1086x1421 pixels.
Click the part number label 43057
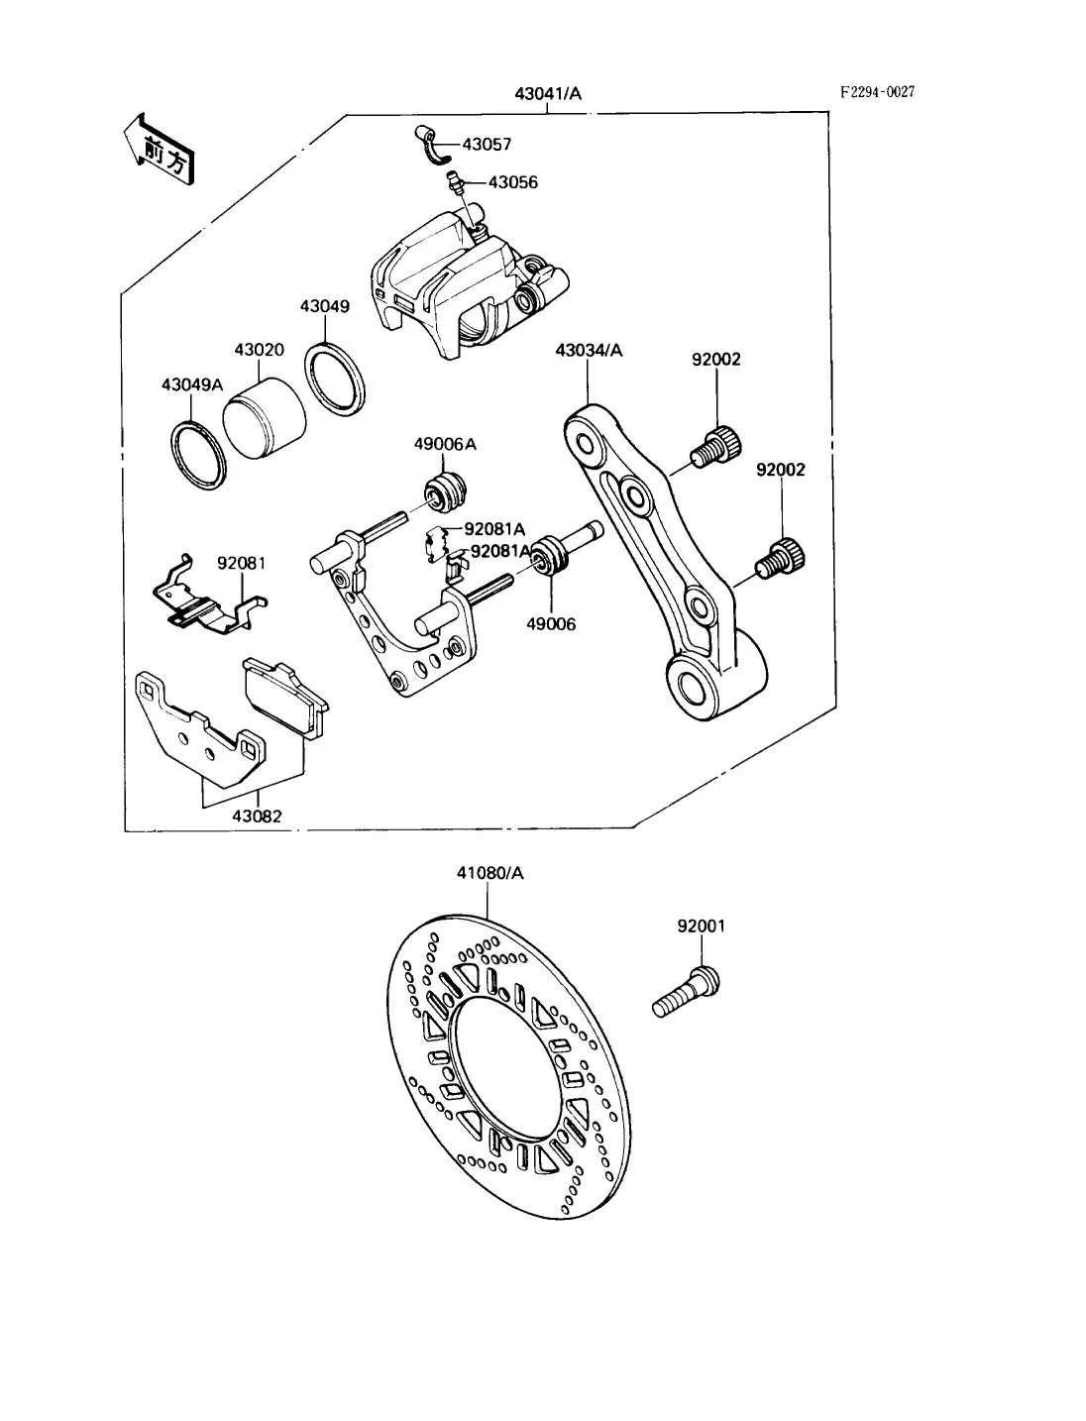pyautogui.click(x=487, y=145)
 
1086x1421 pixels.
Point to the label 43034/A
pyautogui.click(x=589, y=350)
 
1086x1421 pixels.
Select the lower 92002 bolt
pyautogui.click(x=781, y=558)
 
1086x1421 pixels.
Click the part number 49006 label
pyautogui.click(x=551, y=624)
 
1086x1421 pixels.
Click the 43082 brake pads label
pyautogui.click(x=257, y=817)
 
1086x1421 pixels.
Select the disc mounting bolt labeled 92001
pyautogui.click(x=686, y=1000)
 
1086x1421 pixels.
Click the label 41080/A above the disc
pyautogui.click(x=489, y=873)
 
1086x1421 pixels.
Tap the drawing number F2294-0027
pyautogui.click(x=878, y=92)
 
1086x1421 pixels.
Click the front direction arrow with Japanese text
pyautogui.click(x=160, y=149)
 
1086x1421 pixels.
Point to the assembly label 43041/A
pyautogui.click(x=548, y=94)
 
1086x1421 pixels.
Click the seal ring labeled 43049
pyautogui.click(x=335, y=380)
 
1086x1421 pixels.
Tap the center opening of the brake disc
pyautogui.click(x=506, y=1069)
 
